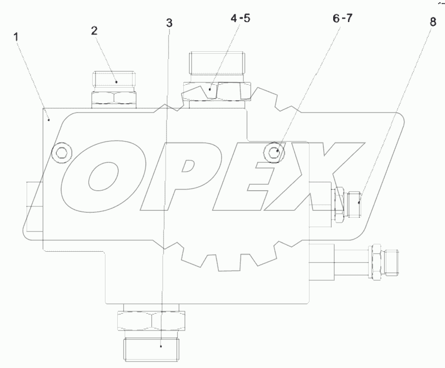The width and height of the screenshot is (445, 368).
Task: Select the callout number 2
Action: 94,30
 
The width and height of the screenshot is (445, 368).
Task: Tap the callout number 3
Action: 169,23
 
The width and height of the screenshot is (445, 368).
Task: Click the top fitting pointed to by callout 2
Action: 113,80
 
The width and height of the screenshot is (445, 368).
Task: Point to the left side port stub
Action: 33,206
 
